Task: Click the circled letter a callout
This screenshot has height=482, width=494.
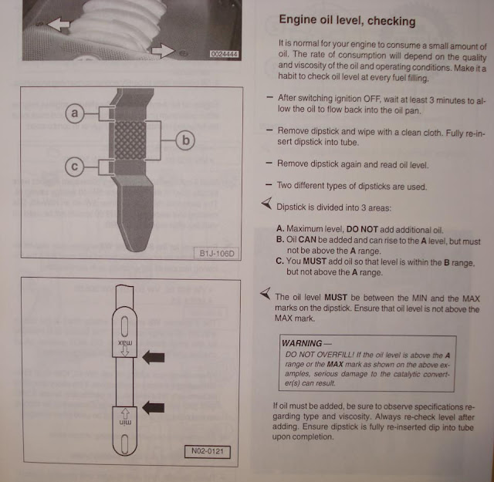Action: [74, 113]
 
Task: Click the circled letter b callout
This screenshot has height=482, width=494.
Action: [185, 140]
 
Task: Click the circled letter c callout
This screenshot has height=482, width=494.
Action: [74, 167]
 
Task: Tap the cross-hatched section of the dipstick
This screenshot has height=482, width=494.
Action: [130, 140]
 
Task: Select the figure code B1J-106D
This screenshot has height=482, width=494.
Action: [217, 254]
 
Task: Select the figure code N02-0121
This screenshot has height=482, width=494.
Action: [208, 451]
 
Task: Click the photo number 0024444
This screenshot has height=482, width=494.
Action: [224, 54]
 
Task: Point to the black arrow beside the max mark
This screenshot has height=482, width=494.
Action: [154, 357]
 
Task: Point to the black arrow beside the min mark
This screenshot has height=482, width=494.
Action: [154, 408]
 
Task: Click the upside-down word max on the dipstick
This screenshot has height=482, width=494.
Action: [125, 342]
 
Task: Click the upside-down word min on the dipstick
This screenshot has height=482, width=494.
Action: [125, 423]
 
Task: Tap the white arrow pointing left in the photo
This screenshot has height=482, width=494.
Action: [59, 24]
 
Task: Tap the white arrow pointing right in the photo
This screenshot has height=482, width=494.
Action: [163, 51]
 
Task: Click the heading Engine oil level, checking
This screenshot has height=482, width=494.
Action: [347, 20]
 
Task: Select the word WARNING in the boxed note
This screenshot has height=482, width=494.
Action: [302, 343]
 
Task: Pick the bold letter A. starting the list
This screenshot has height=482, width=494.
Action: [280, 228]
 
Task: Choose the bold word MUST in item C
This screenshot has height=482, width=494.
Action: [314, 261]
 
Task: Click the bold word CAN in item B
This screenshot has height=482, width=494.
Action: [307, 240]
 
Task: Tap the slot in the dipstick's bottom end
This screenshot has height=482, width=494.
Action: [125, 444]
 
